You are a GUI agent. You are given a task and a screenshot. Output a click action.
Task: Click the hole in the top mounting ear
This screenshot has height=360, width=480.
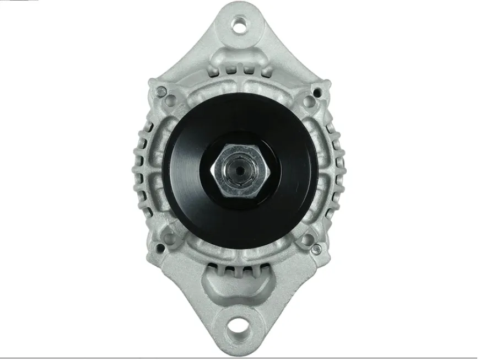[239, 25]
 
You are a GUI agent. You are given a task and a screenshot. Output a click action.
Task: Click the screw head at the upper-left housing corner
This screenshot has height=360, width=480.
[161, 92]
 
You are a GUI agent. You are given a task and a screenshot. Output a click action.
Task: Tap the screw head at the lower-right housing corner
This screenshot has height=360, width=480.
[315, 249]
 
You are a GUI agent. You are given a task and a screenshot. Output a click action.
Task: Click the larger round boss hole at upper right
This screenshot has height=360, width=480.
[309, 101]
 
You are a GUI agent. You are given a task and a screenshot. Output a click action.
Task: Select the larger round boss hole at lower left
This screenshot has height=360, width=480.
[170, 238]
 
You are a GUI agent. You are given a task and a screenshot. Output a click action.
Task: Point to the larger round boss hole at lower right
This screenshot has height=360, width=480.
[308, 240]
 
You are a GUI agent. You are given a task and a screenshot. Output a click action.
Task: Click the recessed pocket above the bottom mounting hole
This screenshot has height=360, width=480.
[239, 287]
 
